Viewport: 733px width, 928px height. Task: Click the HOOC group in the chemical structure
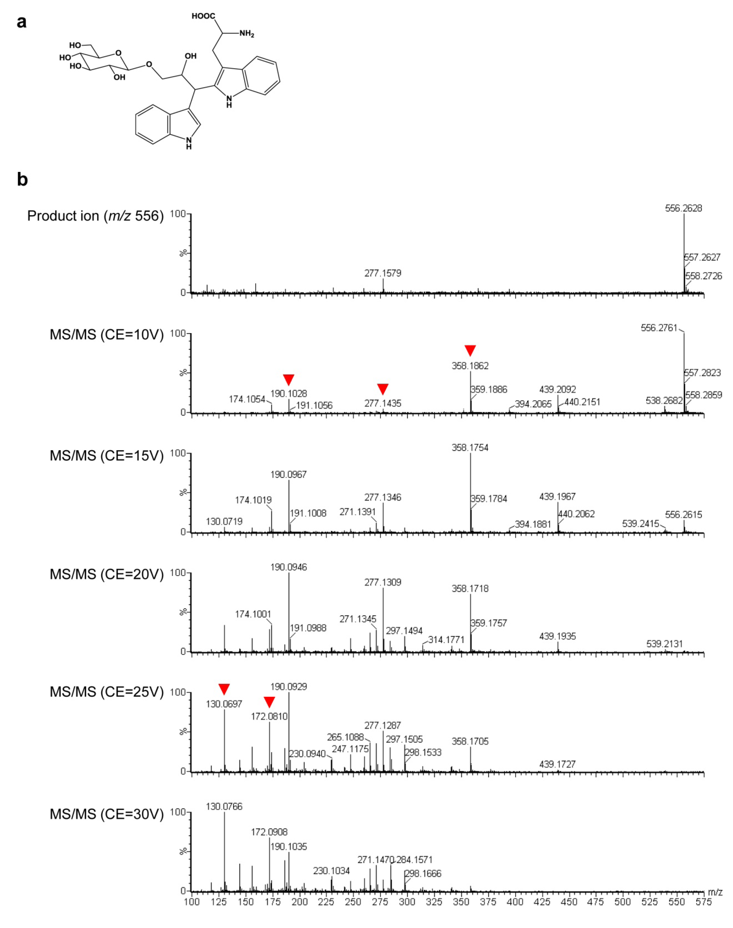tap(203, 16)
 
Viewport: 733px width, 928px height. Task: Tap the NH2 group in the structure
tap(246, 34)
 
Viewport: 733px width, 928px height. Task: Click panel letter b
tap(22, 179)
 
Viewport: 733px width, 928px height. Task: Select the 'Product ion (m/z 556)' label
tap(95, 216)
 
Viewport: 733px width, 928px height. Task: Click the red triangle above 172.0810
tap(269, 702)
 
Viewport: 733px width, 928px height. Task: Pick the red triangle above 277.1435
tap(383, 389)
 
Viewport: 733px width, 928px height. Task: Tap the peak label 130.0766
tap(224, 807)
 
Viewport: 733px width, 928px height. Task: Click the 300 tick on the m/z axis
tap(407, 902)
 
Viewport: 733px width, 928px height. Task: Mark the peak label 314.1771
tap(446, 640)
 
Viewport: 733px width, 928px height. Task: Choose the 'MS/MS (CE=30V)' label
tap(106, 814)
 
